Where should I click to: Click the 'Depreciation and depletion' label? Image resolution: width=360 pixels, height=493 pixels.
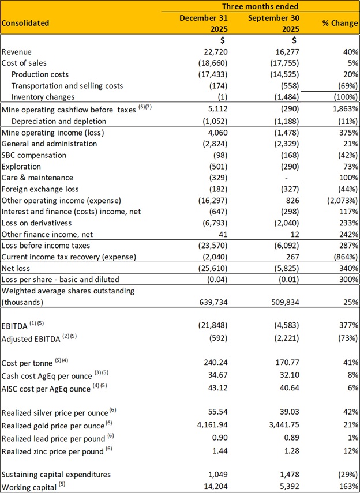click(59, 121)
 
